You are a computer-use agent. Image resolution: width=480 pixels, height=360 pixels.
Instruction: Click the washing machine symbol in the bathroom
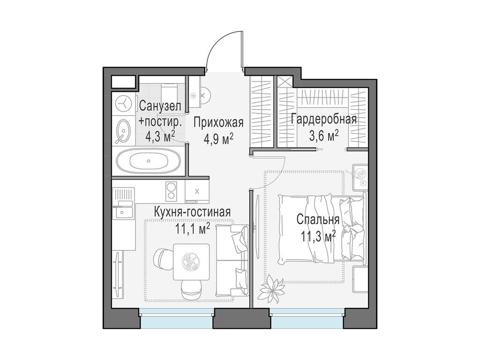(x=124, y=102)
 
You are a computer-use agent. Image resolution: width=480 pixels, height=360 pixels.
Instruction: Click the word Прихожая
(x=218, y=123)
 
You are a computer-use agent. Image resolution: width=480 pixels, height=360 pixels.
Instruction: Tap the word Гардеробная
(x=323, y=119)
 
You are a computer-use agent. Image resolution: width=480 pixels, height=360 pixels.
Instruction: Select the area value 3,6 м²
(x=323, y=135)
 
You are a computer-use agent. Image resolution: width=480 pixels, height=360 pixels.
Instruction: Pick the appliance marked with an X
(x=196, y=191)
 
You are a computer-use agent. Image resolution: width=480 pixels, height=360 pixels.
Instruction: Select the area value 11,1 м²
(x=192, y=229)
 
